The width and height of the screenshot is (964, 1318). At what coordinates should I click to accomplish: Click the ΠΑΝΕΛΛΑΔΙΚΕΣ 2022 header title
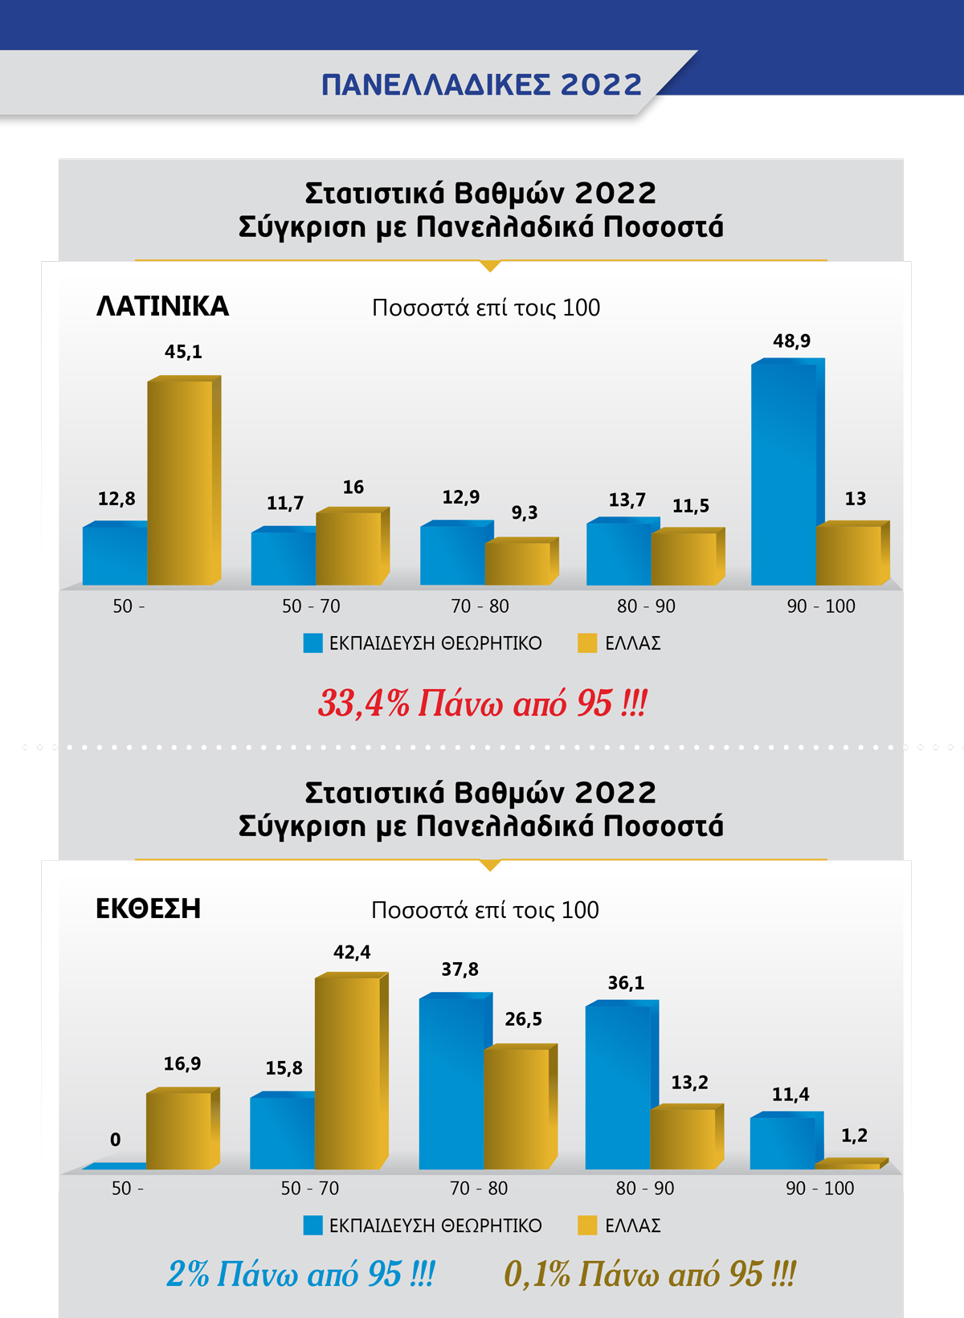click(x=481, y=84)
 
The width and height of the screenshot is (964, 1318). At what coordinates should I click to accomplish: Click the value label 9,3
click(x=524, y=512)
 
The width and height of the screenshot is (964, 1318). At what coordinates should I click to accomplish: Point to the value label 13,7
click(x=627, y=500)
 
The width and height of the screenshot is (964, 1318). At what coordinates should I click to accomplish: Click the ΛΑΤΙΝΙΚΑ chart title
click(x=162, y=306)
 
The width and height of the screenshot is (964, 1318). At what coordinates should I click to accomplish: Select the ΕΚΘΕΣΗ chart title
click(x=148, y=908)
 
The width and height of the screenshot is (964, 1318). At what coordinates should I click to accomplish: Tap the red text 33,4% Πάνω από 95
click(x=482, y=703)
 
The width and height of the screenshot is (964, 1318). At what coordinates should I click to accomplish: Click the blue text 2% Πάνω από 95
click(x=300, y=1274)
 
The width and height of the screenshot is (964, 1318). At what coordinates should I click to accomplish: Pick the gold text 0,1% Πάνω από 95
click(x=649, y=1274)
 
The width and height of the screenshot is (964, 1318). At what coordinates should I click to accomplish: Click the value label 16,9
click(x=182, y=1064)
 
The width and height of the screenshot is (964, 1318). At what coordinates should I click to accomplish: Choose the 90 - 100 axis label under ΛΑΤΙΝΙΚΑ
click(x=820, y=606)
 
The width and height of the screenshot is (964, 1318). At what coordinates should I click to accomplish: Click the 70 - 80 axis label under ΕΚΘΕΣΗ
click(x=479, y=1188)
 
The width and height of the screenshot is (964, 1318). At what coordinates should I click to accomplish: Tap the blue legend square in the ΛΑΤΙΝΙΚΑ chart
click(x=312, y=643)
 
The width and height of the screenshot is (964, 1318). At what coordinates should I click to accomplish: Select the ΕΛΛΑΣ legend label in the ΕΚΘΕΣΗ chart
click(x=632, y=1226)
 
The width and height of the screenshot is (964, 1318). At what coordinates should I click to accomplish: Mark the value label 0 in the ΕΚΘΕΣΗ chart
click(x=116, y=1140)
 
